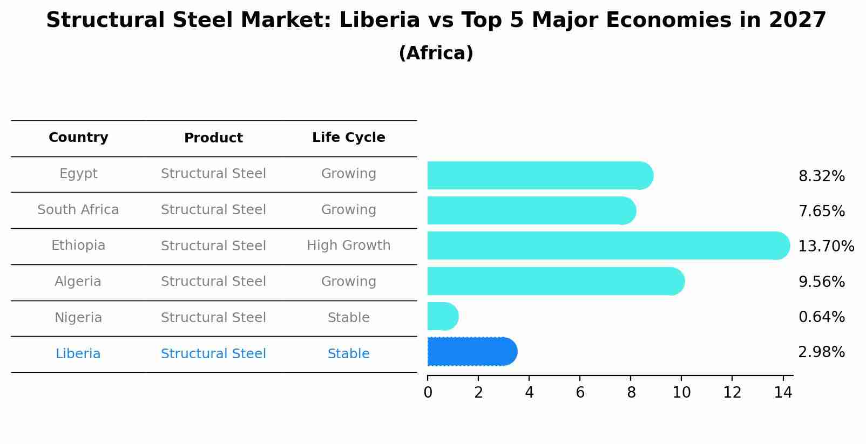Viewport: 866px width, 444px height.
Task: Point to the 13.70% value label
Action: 826,247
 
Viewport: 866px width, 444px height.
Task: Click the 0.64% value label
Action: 821,317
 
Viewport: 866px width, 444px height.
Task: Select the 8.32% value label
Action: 821,176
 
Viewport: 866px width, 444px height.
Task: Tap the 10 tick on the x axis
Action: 681,393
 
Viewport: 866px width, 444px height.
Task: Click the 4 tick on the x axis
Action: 529,393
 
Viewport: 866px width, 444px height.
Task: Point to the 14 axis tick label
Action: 783,393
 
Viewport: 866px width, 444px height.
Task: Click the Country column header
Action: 78,138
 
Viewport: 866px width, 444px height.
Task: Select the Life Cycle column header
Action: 348,138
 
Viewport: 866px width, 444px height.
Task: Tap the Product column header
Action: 213,138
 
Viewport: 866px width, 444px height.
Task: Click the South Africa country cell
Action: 78,210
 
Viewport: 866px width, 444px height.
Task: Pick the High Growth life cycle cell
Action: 348,245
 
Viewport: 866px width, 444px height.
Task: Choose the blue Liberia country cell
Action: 78,354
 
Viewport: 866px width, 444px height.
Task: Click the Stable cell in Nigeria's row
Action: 348,318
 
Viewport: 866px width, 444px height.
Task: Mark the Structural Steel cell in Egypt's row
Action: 213,174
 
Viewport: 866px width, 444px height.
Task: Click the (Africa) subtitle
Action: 436,53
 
